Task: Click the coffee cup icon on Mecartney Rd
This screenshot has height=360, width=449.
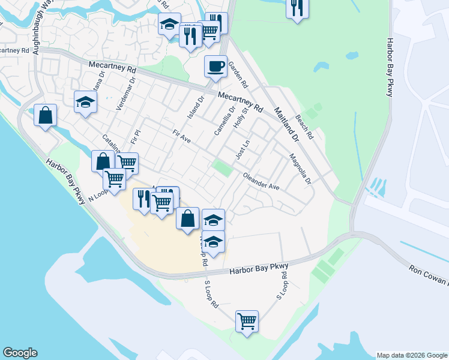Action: (x=215, y=65)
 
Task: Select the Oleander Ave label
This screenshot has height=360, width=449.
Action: (x=261, y=182)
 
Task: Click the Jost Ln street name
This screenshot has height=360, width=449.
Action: (x=242, y=149)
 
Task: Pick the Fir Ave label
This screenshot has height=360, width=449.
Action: (x=181, y=137)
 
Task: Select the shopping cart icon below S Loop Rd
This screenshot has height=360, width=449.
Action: (x=247, y=320)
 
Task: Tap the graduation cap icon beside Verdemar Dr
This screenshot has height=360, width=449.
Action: (x=85, y=101)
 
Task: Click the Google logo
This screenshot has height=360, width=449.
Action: (x=20, y=353)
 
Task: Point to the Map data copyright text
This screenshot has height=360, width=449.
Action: (x=412, y=355)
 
